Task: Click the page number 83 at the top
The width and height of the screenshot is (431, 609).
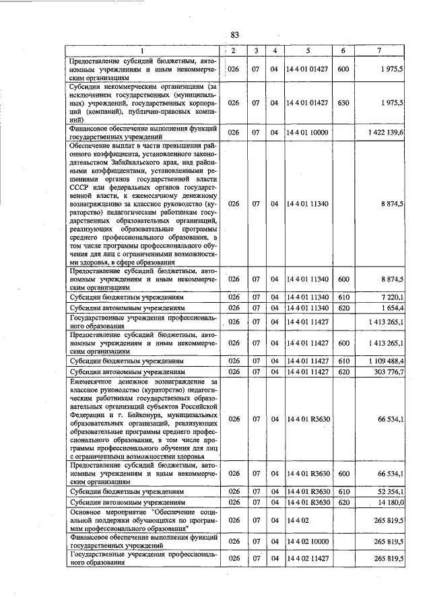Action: coord(235,35)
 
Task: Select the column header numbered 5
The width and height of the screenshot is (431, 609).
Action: coord(306,50)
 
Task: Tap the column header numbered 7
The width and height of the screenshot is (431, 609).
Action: coord(380,50)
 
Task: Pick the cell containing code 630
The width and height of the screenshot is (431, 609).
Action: coord(343,103)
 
